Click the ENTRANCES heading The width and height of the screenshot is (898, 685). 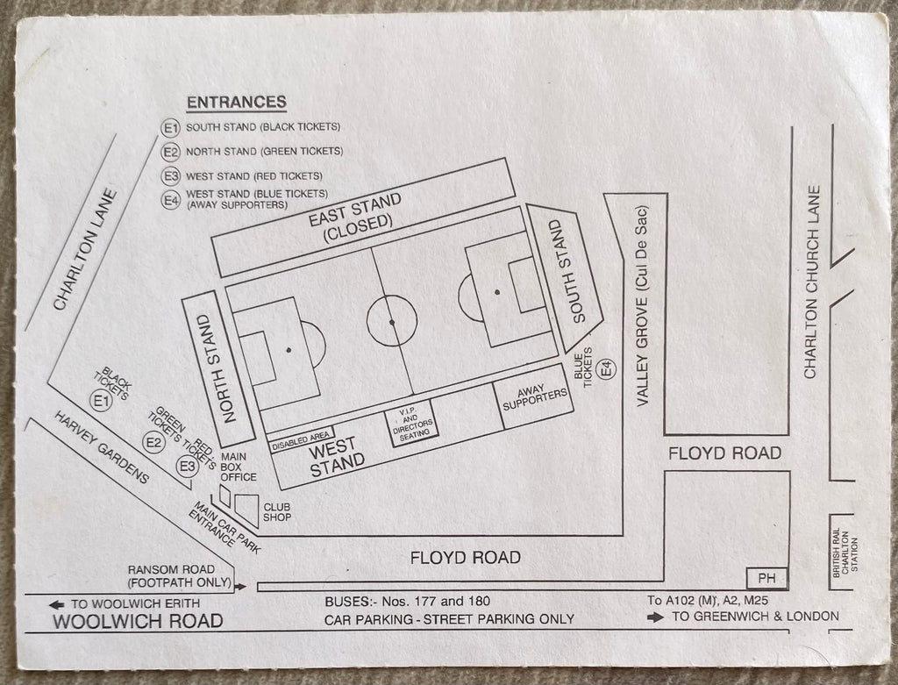(x=237, y=102)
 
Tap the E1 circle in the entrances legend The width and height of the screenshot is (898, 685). (x=171, y=128)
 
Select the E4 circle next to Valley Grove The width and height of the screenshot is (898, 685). (x=607, y=368)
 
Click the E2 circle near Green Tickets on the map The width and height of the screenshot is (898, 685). (x=153, y=442)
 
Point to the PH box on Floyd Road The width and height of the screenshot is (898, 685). (x=766, y=579)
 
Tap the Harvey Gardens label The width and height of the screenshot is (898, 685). (x=102, y=447)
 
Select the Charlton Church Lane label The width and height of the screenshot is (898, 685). (x=812, y=282)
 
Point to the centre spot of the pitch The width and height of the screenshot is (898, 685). (x=392, y=323)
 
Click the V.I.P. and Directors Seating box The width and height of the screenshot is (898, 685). (x=413, y=424)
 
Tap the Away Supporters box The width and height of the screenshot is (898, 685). (x=534, y=397)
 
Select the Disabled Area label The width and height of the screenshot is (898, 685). (x=301, y=440)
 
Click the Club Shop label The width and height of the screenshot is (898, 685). (x=277, y=512)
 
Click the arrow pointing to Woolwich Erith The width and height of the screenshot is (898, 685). (x=57, y=604)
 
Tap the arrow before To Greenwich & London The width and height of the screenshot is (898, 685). (x=656, y=617)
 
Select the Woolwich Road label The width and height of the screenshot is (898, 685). (x=138, y=621)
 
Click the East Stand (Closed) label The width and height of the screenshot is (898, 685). (x=355, y=218)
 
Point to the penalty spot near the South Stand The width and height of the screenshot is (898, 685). (x=497, y=292)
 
